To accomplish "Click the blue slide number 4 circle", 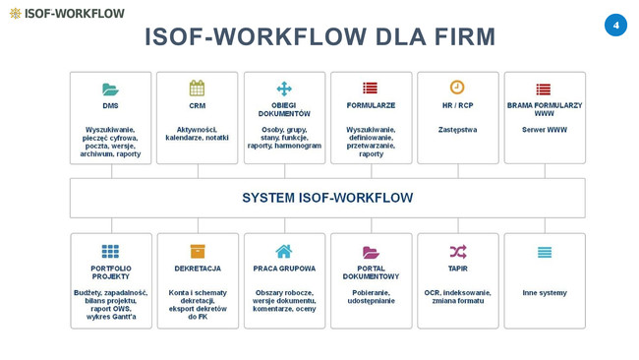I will pos(615,25).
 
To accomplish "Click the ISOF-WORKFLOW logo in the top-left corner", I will pos(67,14).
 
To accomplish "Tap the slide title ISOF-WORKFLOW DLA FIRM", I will pos(319,37).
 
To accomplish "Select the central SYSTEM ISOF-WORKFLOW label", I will pos(327,198).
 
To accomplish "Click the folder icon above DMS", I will pos(110,89).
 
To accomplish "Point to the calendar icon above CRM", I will pos(197,88).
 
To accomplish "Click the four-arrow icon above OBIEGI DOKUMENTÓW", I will pos(284,88).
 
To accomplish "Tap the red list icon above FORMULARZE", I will pos(371,89).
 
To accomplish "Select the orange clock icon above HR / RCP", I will pos(457,88).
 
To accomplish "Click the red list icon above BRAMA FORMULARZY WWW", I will pos(544,89).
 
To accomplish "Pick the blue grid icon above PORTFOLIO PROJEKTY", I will pos(110,252).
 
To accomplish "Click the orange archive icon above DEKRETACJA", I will pos(198,252).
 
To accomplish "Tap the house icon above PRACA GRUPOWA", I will pos(284,251).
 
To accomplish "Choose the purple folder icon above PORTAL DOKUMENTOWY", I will pos(371,252).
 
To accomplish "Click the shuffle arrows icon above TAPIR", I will pos(457,251).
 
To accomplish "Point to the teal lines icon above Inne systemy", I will pos(545,252).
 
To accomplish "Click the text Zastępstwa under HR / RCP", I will pos(457,129).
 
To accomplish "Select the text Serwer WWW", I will pos(545,129).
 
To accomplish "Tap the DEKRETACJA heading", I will pos(198,269).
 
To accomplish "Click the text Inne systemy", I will pos(545,292).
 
